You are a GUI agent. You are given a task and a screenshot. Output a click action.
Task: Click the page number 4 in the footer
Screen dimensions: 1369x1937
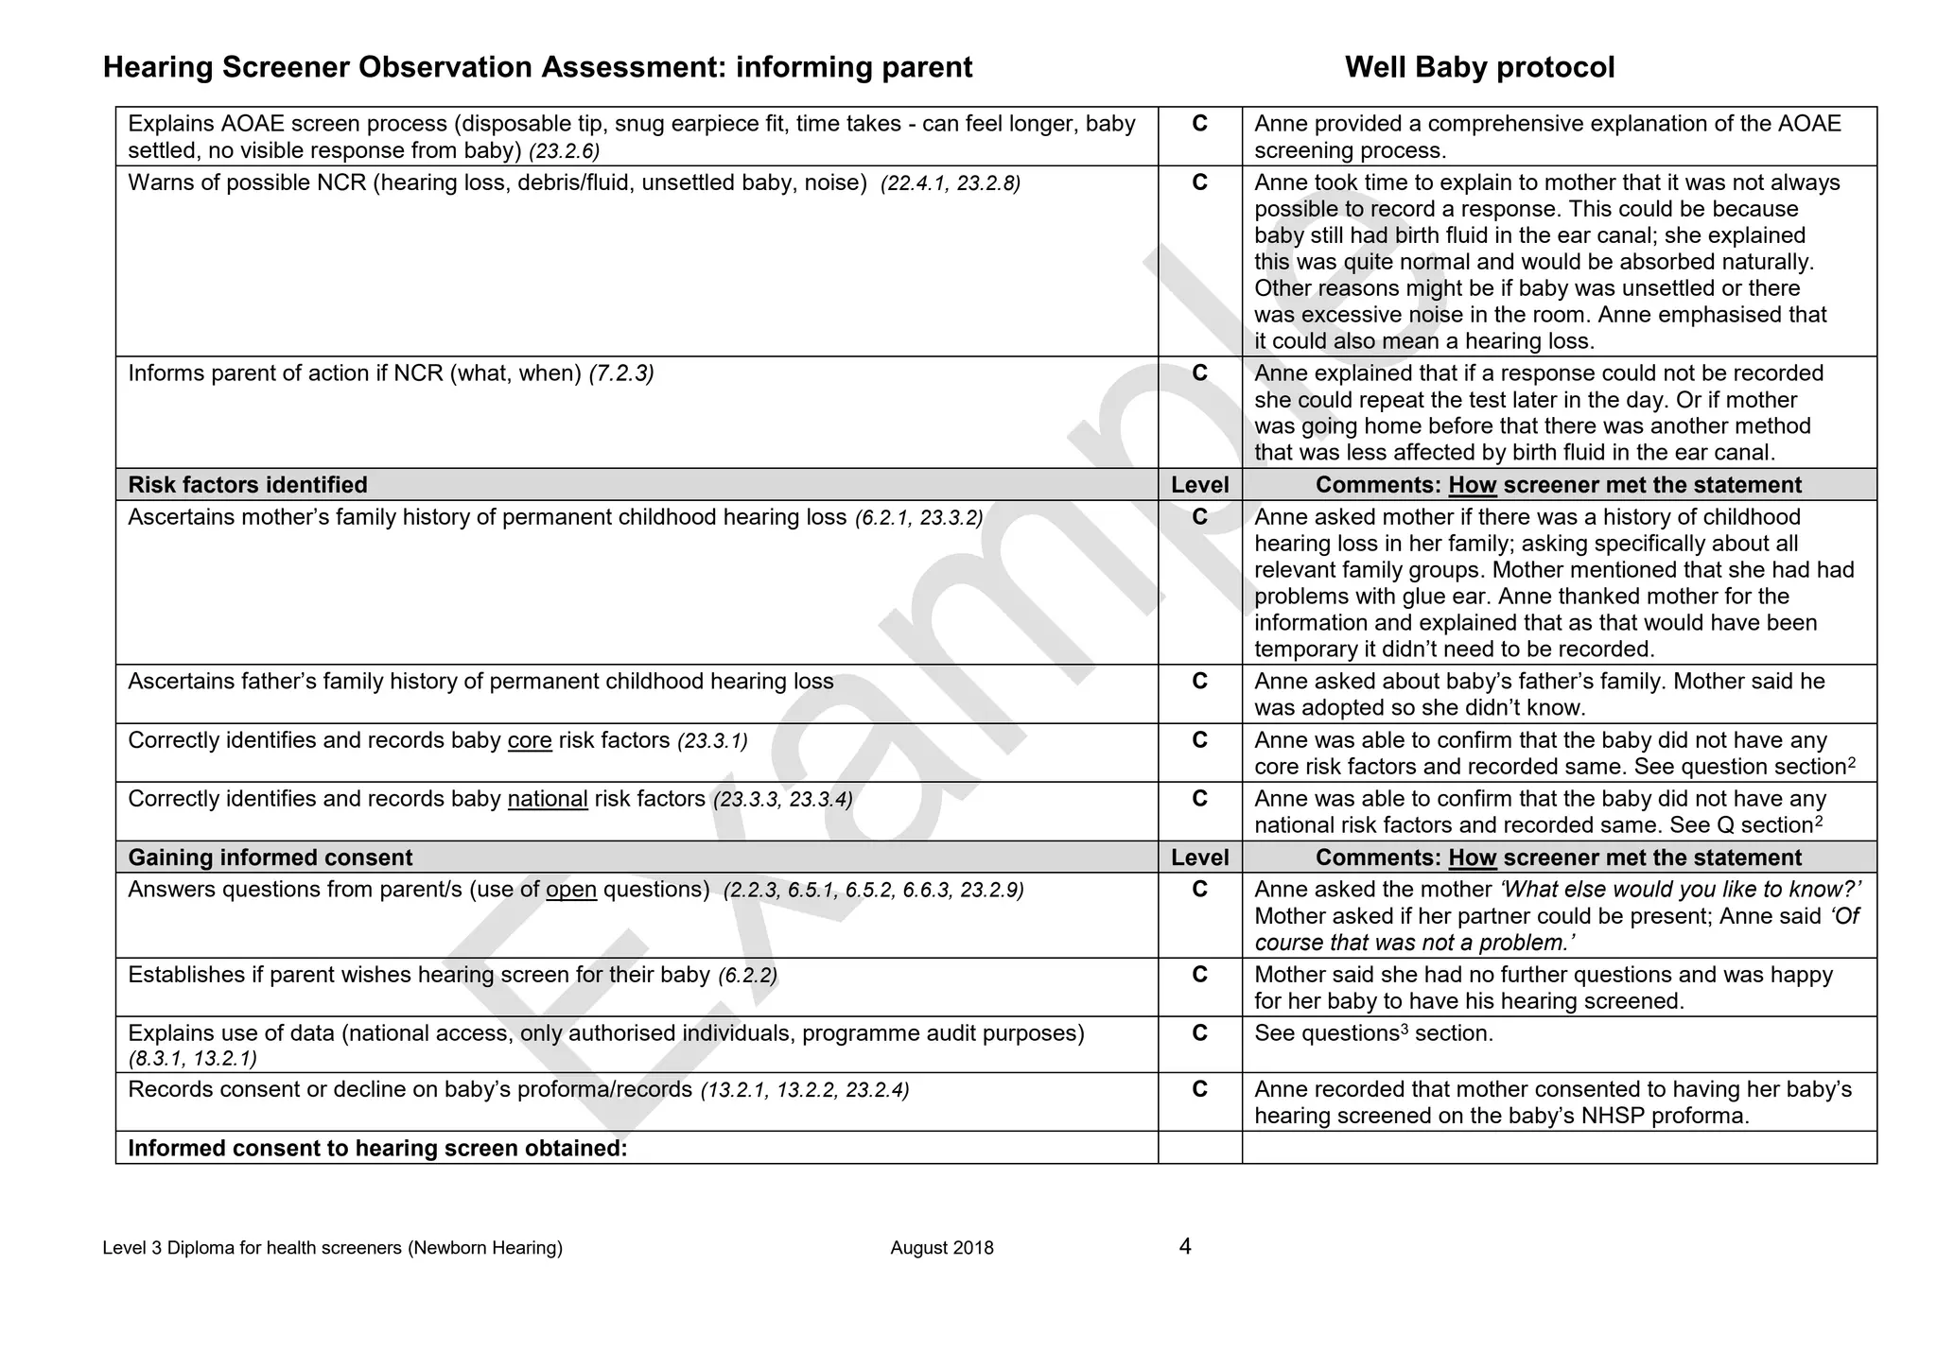[x=1185, y=1246]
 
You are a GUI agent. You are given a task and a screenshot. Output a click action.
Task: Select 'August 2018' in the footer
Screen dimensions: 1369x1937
[x=942, y=1248]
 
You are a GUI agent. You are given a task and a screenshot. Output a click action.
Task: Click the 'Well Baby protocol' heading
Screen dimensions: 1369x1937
[x=1479, y=67]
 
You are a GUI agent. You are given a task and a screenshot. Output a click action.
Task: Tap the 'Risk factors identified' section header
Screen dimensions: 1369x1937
[x=248, y=485]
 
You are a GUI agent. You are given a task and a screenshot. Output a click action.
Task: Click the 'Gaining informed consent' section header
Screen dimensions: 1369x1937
[x=270, y=858]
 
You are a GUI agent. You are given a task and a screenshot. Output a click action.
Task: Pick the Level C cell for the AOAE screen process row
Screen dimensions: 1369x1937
[x=1199, y=124]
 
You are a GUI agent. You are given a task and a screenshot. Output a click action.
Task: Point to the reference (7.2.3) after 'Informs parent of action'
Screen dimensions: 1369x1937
[x=621, y=373]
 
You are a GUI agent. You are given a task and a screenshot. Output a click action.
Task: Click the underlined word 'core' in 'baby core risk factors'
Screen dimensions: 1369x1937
[x=530, y=740]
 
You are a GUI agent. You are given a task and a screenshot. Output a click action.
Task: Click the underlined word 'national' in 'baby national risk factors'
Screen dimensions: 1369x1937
[x=548, y=799]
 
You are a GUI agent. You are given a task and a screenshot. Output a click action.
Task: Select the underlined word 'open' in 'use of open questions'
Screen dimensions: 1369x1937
[x=571, y=890]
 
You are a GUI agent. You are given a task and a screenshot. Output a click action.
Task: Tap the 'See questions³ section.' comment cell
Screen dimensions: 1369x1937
[x=1373, y=1033]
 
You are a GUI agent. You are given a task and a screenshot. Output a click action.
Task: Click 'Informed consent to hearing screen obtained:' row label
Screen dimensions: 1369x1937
[x=377, y=1148]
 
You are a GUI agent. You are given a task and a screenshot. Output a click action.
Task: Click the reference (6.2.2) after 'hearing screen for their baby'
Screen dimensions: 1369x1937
[x=748, y=975]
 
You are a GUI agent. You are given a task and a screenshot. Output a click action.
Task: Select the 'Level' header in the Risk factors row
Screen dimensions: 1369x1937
[x=1199, y=485]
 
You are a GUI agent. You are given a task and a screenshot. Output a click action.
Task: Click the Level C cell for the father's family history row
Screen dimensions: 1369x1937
[x=1199, y=682]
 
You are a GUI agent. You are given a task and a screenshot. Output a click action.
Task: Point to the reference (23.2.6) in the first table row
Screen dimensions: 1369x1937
[x=565, y=151]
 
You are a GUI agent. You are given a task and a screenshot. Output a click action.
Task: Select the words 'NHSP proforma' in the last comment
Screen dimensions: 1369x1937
[x=1664, y=1116]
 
